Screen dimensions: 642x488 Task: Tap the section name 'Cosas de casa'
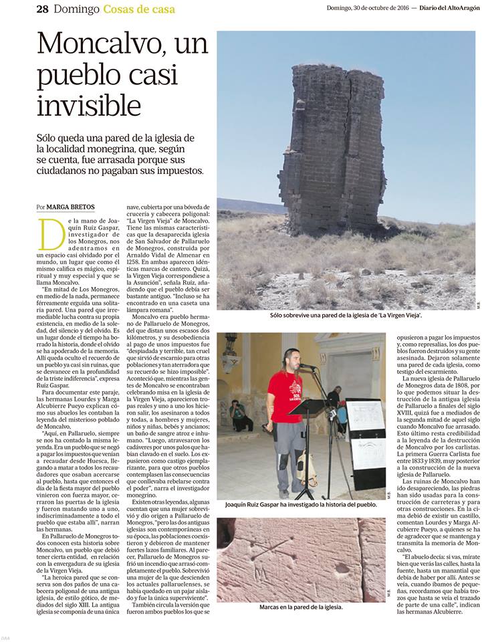[x=139, y=9]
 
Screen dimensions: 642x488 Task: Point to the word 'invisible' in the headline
[x=89, y=106]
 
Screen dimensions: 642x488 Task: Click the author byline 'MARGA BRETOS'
[x=76, y=207]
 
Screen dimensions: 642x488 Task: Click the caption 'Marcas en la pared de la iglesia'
[x=300, y=607]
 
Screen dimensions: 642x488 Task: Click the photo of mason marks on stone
[x=301, y=558]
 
